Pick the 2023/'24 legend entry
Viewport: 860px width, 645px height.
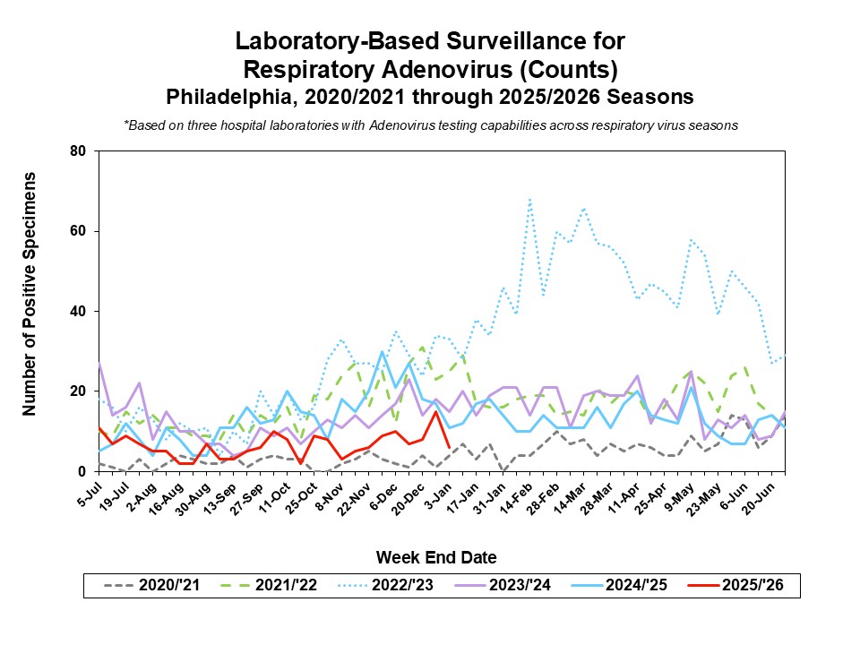coord(522,586)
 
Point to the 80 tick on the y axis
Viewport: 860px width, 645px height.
coord(77,151)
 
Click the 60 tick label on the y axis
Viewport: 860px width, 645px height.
coord(77,231)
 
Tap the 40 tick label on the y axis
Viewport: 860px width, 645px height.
coord(77,311)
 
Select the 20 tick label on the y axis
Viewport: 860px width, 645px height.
coord(77,391)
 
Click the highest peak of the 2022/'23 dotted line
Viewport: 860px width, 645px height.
coord(529,200)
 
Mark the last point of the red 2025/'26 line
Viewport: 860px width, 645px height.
coord(449,447)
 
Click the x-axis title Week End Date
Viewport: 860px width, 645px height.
coord(435,557)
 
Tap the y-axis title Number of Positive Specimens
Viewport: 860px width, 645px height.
coord(30,294)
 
